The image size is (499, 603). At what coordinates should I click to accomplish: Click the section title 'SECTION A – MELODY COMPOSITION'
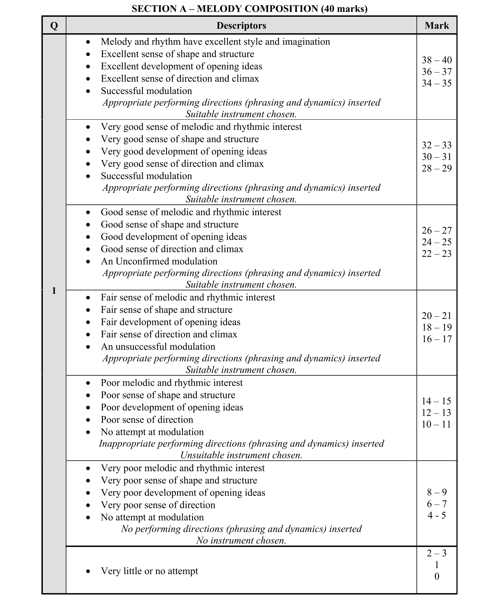point(249,9)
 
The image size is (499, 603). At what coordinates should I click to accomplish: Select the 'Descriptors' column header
point(241,26)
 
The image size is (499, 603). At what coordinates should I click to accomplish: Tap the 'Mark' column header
point(436,26)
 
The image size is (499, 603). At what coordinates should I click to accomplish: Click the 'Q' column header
point(54,26)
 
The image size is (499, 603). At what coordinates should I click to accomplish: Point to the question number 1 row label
point(54,291)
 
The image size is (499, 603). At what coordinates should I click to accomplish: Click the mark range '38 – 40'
point(436,60)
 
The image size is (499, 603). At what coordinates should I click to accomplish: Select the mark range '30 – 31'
point(436,157)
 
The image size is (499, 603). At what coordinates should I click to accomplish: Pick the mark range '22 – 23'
point(436,254)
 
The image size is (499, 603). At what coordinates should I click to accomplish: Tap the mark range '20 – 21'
point(436,316)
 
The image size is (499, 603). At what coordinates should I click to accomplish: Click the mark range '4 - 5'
point(436,515)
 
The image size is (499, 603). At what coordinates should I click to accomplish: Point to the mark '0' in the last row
point(437,576)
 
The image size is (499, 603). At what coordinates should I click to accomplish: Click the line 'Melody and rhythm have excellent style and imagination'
point(215,42)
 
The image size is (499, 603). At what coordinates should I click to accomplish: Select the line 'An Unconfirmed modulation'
point(159,261)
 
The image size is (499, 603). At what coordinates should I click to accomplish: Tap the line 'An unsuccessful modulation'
point(158,347)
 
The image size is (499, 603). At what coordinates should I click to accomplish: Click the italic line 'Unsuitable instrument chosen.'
point(241,455)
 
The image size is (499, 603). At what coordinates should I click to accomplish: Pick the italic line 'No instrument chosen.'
point(241,540)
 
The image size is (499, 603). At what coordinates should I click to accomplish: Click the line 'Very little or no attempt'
point(149,571)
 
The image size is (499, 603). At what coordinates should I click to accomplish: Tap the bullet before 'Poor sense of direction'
point(88,420)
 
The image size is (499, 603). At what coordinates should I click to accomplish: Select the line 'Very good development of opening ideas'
point(184,151)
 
